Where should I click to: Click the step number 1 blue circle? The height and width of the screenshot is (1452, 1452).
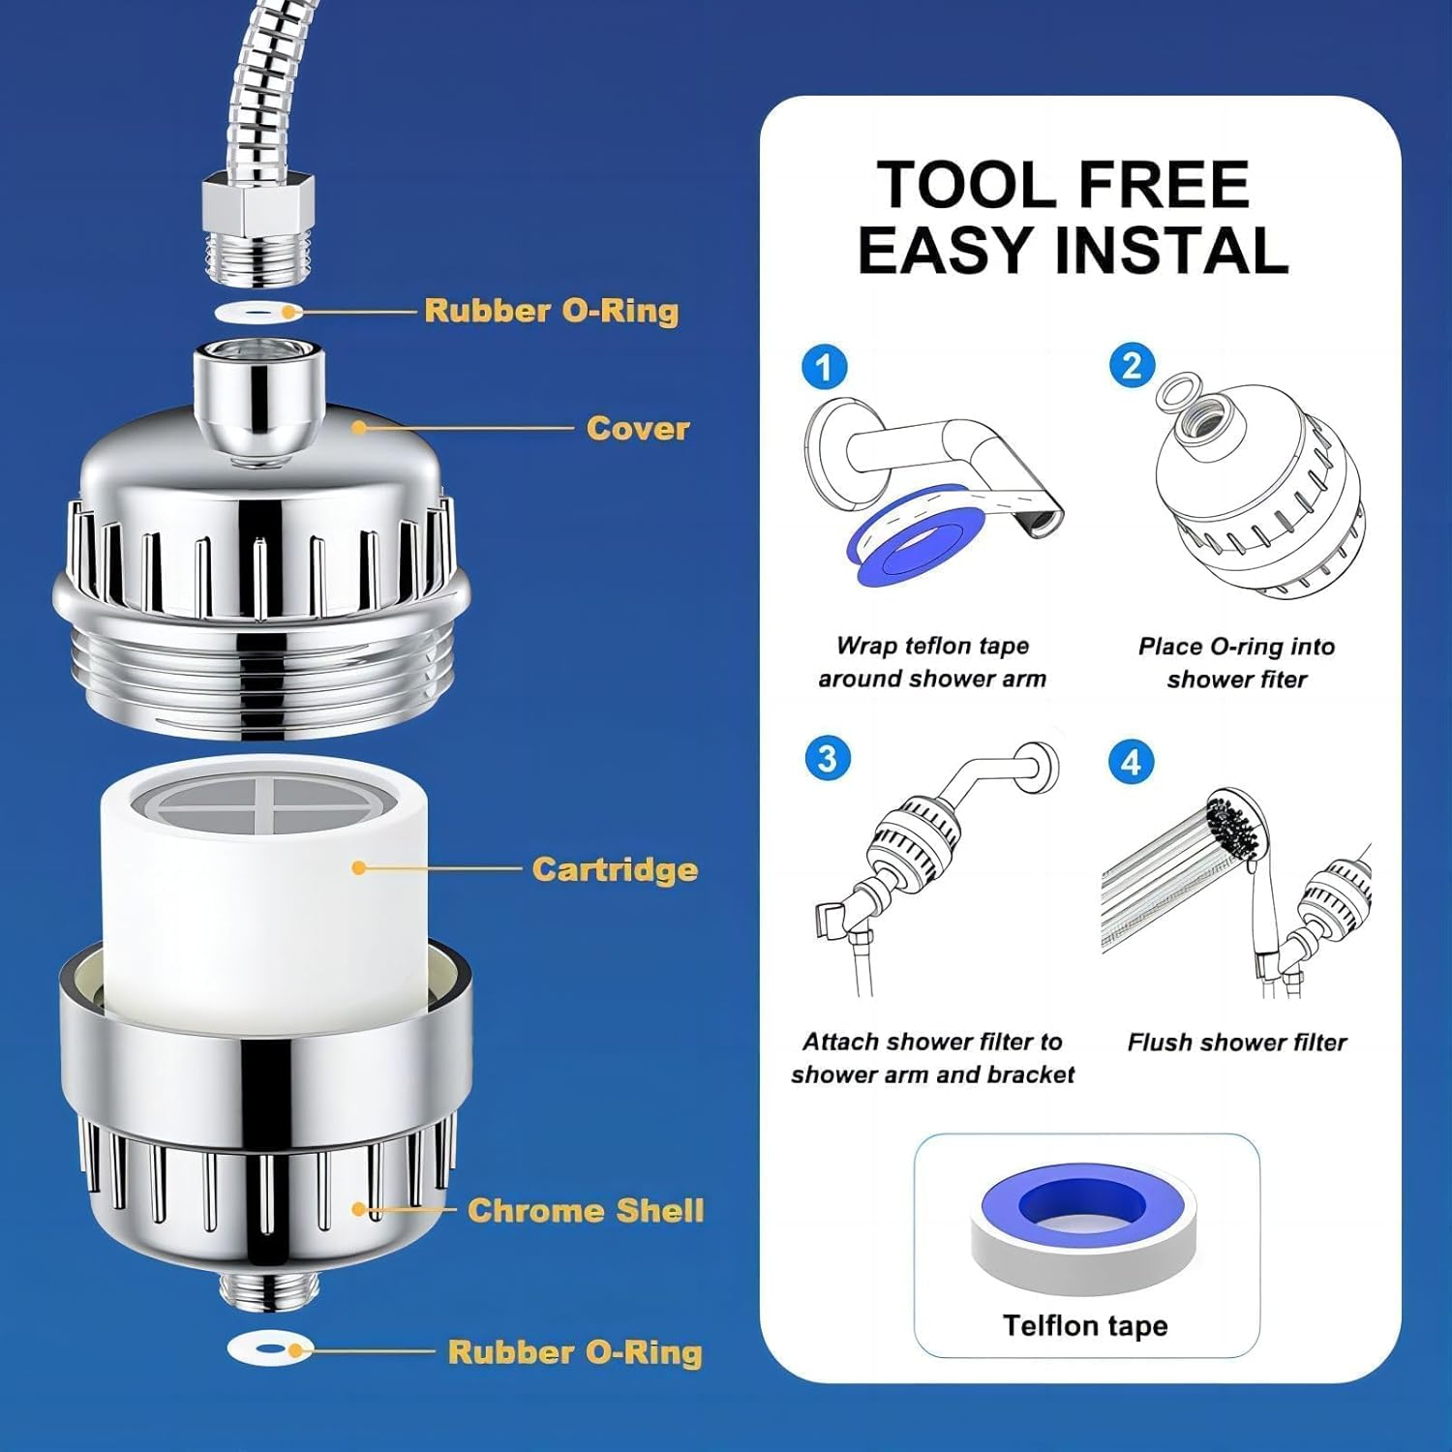tap(825, 368)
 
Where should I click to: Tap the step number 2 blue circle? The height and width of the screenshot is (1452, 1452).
tap(1132, 366)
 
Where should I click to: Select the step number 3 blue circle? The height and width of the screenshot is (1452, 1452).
tap(827, 758)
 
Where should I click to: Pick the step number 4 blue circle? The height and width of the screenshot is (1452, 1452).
tap(1131, 762)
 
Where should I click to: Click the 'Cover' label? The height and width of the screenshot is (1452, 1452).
tap(637, 428)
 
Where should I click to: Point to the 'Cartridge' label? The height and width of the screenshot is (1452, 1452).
tap(615, 869)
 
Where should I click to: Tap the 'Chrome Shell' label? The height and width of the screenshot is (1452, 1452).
tap(586, 1210)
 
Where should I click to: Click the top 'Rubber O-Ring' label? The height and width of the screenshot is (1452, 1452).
tap(551, 311)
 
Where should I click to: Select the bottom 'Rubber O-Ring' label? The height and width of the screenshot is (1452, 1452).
tap(574, 1352)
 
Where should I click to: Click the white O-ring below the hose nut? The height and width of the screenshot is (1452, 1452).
tap(257, 313)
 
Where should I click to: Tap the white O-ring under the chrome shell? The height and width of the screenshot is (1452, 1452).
tap(270, 1348)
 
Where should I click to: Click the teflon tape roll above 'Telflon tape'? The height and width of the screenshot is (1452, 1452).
tap(1083, 1225)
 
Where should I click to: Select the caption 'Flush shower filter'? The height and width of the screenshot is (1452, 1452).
tap(1236, 1043)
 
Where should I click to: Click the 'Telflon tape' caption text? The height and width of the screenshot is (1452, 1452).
tap(1084, 1325)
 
